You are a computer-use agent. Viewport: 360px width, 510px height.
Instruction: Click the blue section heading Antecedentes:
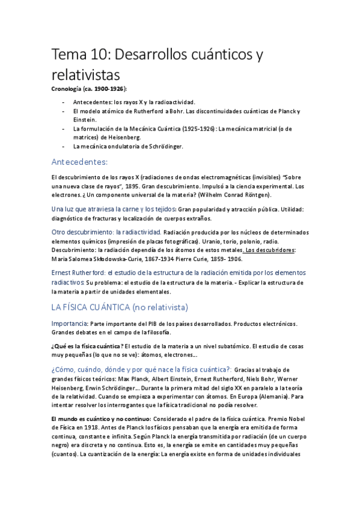79,162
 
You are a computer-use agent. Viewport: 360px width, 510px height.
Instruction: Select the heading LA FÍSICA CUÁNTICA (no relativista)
120,307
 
